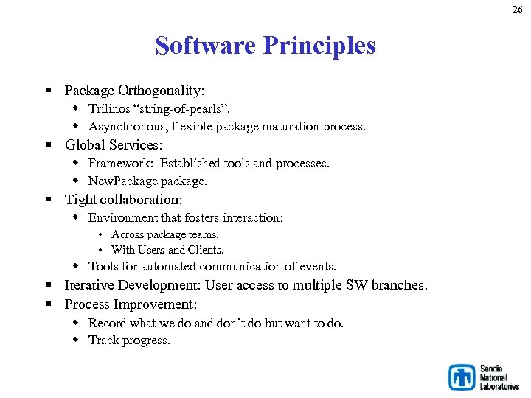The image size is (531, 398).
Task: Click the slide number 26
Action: [518, 9]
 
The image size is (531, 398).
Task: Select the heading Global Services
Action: [113, 144]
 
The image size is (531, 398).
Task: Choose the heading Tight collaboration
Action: [122, 199]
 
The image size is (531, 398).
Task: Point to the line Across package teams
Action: [164, 234]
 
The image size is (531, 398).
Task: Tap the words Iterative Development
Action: [133, 285]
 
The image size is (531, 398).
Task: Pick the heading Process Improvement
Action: [130, 304]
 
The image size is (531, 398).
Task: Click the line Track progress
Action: [129, 340]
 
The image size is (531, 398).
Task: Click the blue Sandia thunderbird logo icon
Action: [462, 377]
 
